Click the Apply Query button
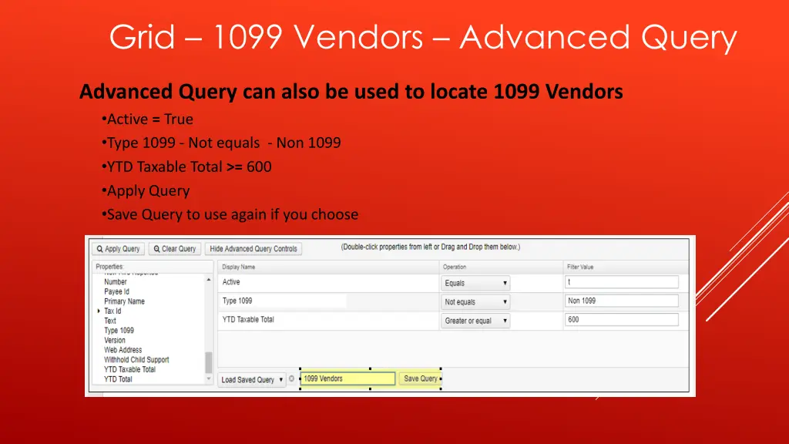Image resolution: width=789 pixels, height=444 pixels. click(x=118, y=249)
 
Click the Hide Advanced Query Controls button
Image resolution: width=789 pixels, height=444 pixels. click(x=253, y=249)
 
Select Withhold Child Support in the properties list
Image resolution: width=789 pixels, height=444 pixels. click(x=136, y=360)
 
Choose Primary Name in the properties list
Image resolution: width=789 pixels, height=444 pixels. click(x=124, y=301)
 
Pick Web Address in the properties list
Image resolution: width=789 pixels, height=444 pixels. click(x=123, y=350)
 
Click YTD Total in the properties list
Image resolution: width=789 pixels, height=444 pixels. click(x=118, y=379)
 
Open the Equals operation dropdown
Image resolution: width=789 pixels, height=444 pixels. click(x=475, y=283)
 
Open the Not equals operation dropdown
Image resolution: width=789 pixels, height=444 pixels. click(x=475, y=302)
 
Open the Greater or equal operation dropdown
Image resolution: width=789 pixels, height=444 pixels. click(x=475, y=321)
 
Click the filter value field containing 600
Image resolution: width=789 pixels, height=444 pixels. click(x=621, y=320)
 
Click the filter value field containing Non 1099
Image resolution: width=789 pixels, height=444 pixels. click(x=621, y=301)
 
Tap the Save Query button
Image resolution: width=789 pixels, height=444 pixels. click(x=420, y=378)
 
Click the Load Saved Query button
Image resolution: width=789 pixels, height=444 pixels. click(x=252, y=380)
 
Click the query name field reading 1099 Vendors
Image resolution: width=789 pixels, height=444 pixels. click(x=347, y=378)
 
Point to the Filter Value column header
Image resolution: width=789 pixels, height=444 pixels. click(x=582, y=267)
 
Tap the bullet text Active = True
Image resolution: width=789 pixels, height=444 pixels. click(x=150, y=119)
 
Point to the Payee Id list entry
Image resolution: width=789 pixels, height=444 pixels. click(x=117, y=291)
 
